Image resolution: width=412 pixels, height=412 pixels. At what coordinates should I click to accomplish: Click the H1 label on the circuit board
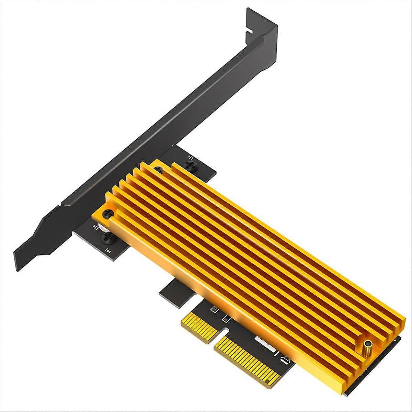pos(191,158)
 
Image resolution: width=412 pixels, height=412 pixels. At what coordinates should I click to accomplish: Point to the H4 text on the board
pos(108,250)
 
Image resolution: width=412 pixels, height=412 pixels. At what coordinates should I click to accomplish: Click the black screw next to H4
pos(106,238)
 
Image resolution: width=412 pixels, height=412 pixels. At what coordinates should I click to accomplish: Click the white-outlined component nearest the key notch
pos(225,319)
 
